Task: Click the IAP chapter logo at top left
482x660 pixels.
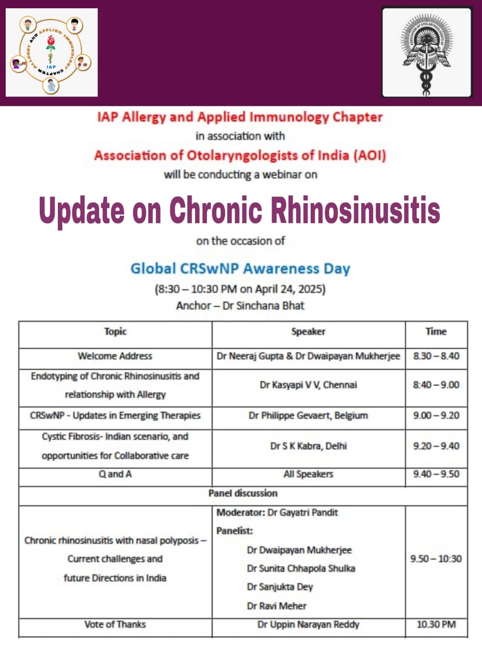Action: click(x=51, y=53)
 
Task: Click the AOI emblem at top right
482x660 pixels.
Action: click(x=427, y=52)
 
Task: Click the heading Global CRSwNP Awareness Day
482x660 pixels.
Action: click(x=240, y=269)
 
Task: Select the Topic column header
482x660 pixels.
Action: click(x=115, y=332)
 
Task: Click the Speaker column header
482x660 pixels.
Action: click(x=308, y=332)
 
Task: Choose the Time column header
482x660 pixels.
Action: click(x=436, y=332)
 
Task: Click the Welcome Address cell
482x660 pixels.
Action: click(x=115, y=356)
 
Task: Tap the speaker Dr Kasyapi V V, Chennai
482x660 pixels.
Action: click(x=308, y=385)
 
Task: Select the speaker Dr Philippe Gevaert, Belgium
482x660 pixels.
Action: click(x=308, y=415)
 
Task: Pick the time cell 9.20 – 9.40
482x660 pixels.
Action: click(x=436, y=446)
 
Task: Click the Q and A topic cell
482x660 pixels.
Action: click(x=115, y=474)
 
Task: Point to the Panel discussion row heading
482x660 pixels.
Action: click(x=243, y=493)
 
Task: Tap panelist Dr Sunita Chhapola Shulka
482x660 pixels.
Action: click(x=301, y=568)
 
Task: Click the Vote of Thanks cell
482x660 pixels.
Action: click(x=115, y=624)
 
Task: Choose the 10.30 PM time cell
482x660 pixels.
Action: click(x=436, y=625)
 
